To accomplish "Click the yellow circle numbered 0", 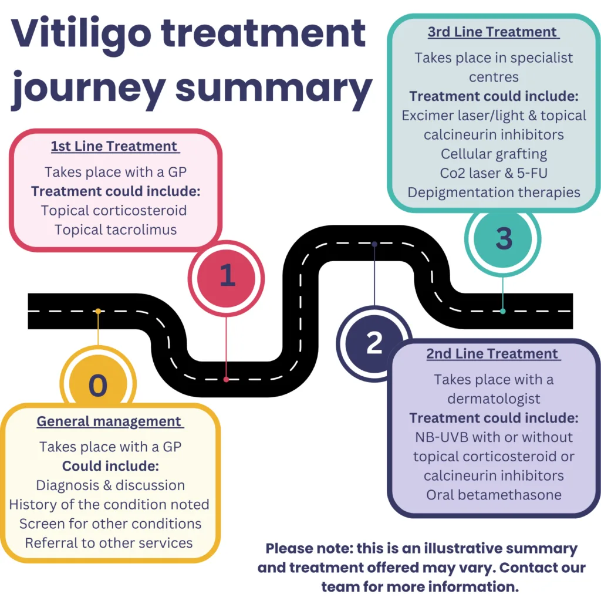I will point(98,385).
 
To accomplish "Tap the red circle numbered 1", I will point(227,276).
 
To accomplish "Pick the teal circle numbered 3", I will point(503,239).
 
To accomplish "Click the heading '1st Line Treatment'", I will point(114,147).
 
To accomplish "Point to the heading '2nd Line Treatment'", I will point(493,354).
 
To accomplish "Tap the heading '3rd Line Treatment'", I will point(493,32).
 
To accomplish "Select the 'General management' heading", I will point(110,421).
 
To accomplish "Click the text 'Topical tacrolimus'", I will point(116,229).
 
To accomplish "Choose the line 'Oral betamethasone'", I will point(494,494).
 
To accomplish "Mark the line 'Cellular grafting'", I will point(494,154).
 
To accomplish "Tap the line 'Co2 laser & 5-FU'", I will point(494,173).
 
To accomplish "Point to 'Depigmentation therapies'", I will point(494,193).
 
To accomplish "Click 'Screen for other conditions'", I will point(110,523).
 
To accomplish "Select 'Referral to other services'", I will point(109,542).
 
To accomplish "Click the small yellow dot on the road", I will point(98,311).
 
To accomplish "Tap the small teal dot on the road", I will point(503,311).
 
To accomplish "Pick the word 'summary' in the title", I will point(274,88).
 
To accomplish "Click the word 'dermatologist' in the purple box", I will point(494,399).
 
